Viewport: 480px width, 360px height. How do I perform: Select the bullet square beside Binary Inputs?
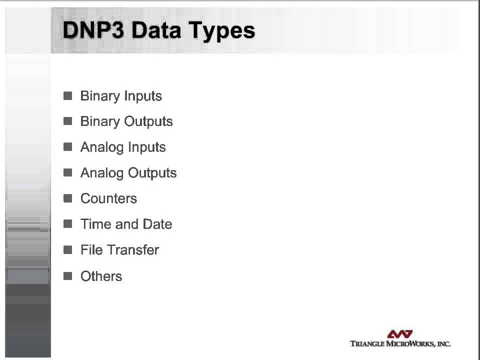pyautogui.click(x=68, y=95)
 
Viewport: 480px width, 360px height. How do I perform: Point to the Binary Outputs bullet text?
pyautogui.click(x=126, y=121)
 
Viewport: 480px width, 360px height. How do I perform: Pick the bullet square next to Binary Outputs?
pyautogui.click(x=68, y=121)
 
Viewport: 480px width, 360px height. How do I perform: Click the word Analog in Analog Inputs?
pyautogui.click(x=102, y=147)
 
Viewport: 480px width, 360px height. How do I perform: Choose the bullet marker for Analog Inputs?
pyautogui.click(x=68, y=147)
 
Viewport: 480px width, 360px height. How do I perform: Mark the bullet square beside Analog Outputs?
pyautogui.click(x=68, y=172)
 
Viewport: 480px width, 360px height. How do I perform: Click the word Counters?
pyautogui.click(x=108, y=198)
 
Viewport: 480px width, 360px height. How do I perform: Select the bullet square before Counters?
pyautogui.click(x=68, y=198)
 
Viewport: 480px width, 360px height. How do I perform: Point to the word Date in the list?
pyautogui.click(x=157, y=224)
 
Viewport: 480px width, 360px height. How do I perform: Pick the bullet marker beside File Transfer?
pyautogui.click(x=68, y=249)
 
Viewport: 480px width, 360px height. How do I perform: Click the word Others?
pyautogui.click(x=101, y=276)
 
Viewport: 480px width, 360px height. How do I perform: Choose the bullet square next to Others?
pyautogui.click(x=68, y=275)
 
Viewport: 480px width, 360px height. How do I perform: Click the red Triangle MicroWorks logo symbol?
pyautogui.click(x=400, y=334)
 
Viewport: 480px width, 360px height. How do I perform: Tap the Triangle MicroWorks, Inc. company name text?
pyautogui.click(x=400, y=343)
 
